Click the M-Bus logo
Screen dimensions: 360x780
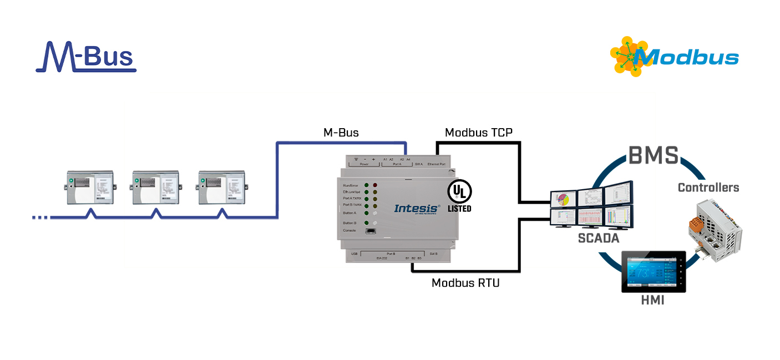click(86, 57)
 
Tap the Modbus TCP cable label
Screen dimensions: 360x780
click(478, 133)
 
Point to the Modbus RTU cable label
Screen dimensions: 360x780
click(465, 283)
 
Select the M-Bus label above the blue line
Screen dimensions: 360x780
click(341, 133)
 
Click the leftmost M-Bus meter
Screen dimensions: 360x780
click(90, 187)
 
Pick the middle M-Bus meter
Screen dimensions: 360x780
click(156, 187)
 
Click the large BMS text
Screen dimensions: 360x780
click(653, 155)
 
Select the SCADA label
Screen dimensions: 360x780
click(598, 239)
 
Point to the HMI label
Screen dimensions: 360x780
click(653, 300)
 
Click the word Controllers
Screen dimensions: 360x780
click(708, 187)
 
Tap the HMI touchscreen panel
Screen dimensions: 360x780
click(653, 272)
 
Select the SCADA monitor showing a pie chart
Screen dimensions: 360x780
click(563, 199)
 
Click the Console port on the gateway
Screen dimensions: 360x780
click(369, 231)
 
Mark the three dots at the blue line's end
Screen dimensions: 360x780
click(40, 217)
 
